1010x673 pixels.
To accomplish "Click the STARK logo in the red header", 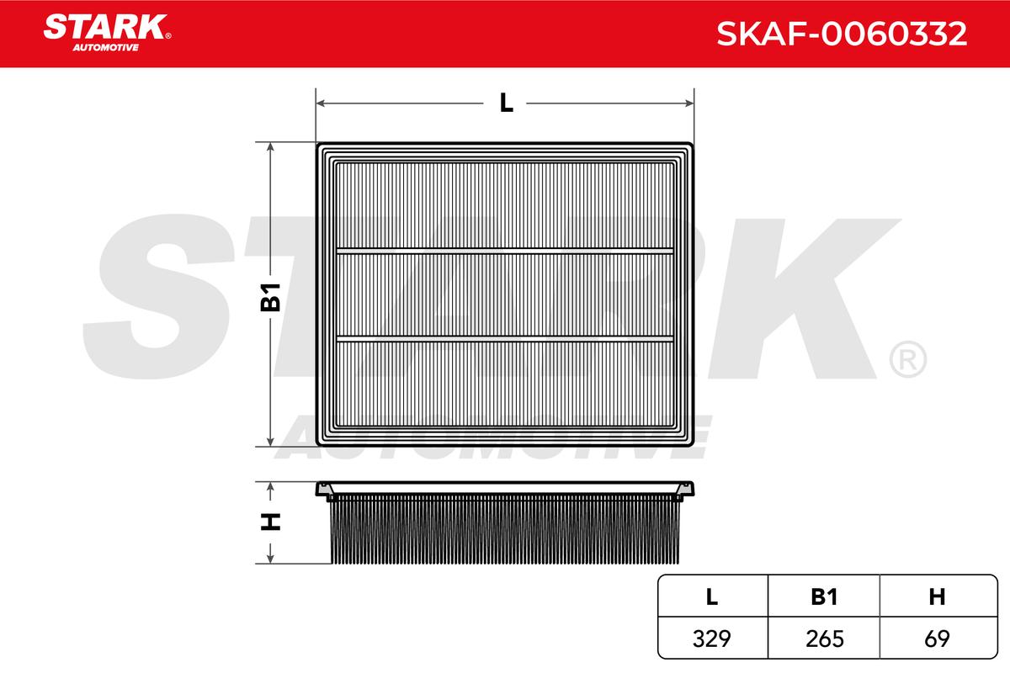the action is tap(106, 33).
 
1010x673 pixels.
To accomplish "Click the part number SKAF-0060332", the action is tap(842, 34).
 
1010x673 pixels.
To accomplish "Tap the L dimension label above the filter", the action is tap(507, 103).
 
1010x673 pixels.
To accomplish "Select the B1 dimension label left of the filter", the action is tap(270, 298).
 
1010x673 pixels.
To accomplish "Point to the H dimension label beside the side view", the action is tap(270, 522).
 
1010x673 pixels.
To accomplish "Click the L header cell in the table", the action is tap(712, 596).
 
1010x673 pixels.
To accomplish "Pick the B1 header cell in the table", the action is tap(824, 596).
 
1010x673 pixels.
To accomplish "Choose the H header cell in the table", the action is tap(937, 596).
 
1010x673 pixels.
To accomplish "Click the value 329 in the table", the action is tap(711, 639).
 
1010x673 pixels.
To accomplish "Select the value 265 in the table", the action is tap(824, 639).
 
